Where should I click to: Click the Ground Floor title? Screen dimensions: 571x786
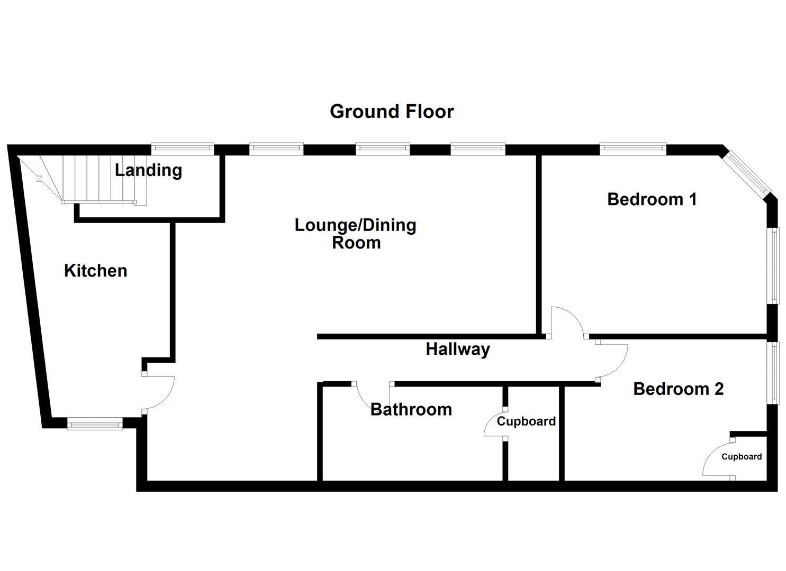pos(392,112)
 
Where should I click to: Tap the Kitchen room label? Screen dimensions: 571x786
pos(95,271)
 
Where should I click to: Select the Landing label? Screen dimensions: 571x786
pos(148,170)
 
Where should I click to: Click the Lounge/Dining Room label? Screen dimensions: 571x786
pos(356,234)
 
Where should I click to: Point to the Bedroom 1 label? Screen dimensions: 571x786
pos(652,199)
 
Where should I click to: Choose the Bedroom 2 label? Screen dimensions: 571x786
pos(678,389)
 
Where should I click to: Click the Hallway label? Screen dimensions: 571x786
pos(458,349)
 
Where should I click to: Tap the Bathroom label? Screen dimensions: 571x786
pos(411,409)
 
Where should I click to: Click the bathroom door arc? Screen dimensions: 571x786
pos(365,398)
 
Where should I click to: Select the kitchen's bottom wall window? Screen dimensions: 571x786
pos(95,423)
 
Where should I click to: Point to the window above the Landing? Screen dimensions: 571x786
pos(182,149)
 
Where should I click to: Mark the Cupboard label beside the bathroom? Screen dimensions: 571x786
pos(526,421)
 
